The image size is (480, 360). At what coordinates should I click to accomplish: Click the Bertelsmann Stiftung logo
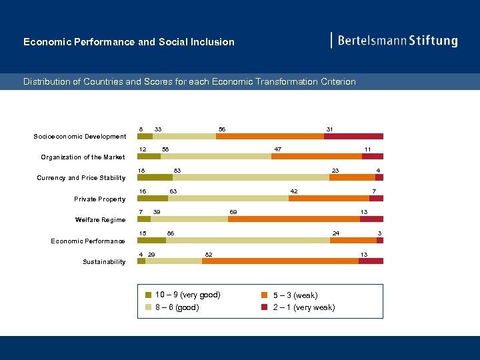click(395, 41)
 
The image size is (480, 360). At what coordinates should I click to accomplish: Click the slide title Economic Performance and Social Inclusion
click(129, 42)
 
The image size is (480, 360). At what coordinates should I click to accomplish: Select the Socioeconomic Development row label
click(80, 137)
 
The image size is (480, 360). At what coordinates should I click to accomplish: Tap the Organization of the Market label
click(83, 157)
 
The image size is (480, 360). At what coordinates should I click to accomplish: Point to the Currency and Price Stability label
click(81, 178)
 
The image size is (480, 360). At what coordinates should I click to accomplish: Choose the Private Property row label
click(99, 199)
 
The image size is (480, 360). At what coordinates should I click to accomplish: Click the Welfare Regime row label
click(100, 220)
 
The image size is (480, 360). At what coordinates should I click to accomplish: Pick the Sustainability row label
click(104, 262)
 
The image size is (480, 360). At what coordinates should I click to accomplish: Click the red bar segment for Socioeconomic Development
click(353, 136)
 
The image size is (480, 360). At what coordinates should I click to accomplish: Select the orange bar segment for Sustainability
click(280, 261)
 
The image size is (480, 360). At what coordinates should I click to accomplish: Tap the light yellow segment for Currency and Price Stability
click(251, 177)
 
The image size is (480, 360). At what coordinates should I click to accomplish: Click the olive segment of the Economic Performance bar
click(151, 240)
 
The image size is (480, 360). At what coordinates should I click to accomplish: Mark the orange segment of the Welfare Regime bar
click(293, 219)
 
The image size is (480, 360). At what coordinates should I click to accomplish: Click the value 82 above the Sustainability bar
click(209, 255)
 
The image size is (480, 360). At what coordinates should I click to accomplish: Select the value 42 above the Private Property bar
click(293, 192)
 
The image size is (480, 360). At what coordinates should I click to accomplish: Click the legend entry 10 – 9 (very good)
click(187, 295)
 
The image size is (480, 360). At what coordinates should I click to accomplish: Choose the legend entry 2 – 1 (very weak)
click(303, 307)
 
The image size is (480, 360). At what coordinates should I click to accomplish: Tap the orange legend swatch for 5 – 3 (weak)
click(265, 295)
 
